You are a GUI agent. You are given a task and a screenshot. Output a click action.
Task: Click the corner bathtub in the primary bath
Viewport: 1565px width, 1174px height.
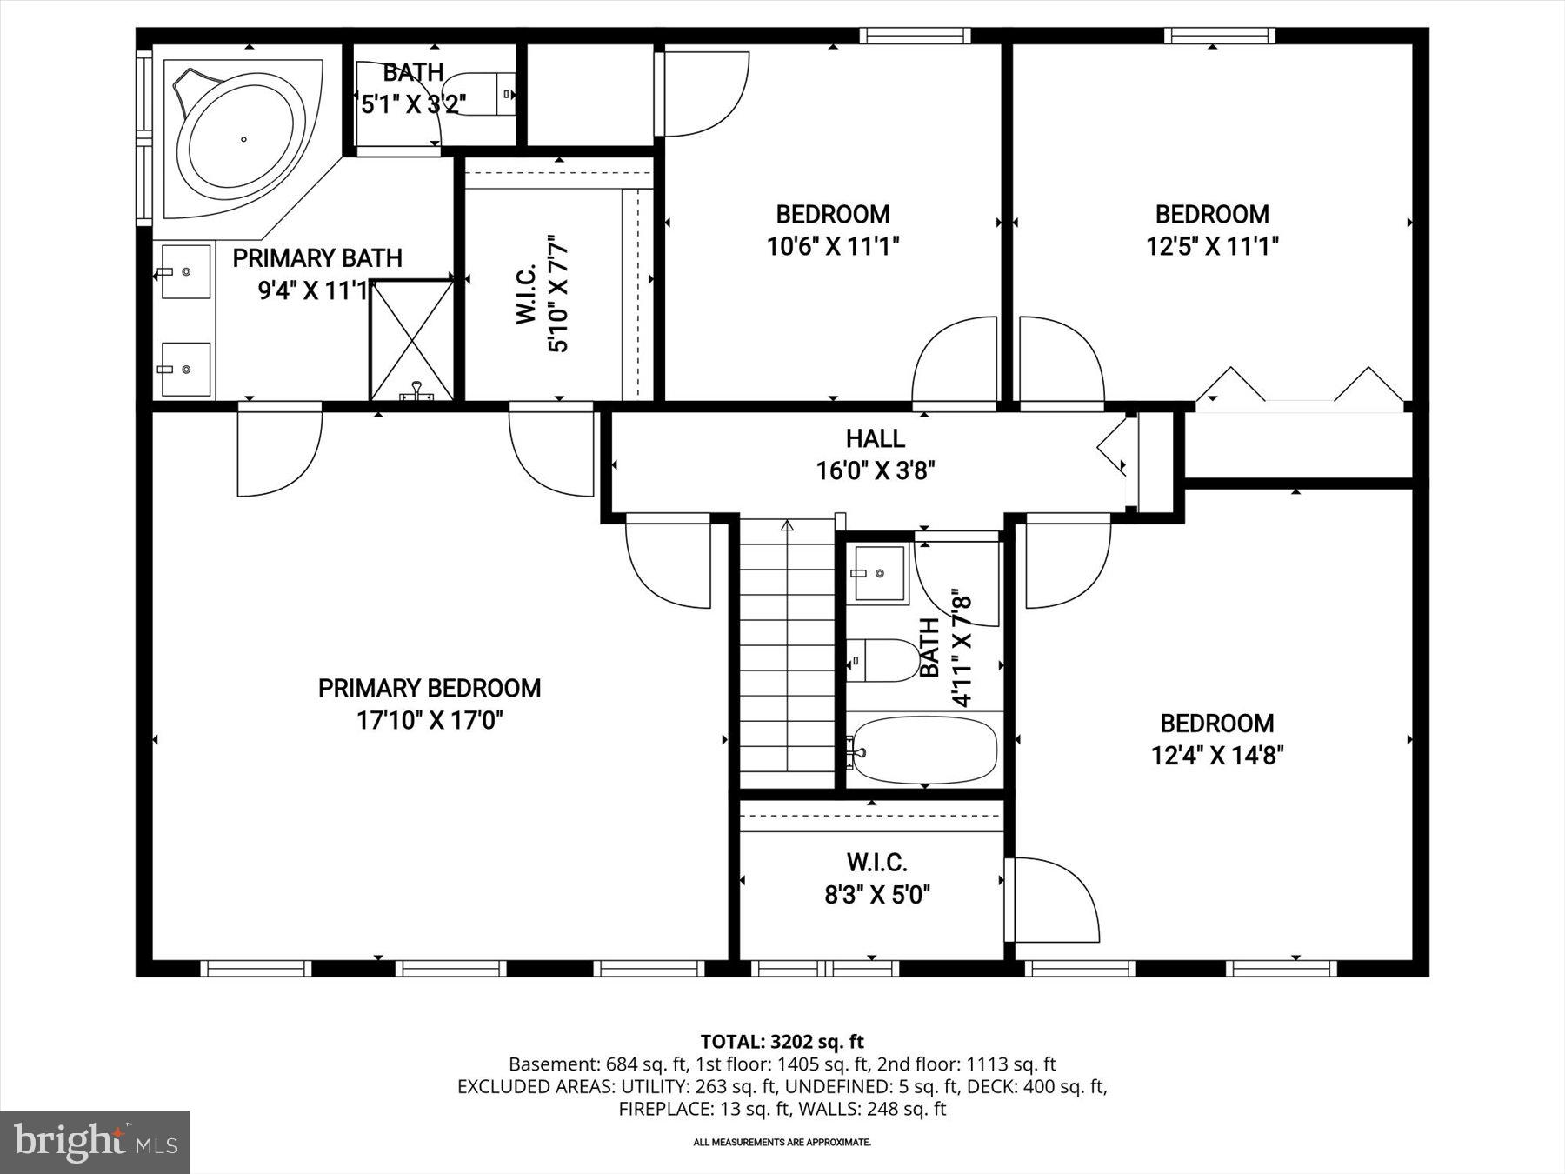241,139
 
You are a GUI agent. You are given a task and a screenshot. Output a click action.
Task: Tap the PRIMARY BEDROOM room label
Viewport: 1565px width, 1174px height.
429,689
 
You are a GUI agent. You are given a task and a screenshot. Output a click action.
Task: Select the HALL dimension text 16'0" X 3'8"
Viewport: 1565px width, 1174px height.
875,471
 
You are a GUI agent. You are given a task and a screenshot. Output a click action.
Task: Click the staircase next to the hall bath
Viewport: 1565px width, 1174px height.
787,648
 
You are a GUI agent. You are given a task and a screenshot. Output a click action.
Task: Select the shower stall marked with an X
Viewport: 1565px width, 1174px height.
411,340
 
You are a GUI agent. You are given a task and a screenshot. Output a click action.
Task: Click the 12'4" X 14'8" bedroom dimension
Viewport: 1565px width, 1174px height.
1217,756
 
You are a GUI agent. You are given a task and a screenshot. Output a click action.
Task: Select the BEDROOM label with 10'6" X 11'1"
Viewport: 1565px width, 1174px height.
832,214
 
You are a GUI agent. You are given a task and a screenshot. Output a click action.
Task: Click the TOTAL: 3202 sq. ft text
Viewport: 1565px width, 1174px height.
782,1042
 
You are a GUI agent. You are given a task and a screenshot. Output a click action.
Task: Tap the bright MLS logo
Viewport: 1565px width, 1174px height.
95,1142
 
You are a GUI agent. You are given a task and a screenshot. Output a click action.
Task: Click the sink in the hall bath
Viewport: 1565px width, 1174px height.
880,573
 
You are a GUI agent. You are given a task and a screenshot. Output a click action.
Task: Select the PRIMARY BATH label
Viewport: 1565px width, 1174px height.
316,258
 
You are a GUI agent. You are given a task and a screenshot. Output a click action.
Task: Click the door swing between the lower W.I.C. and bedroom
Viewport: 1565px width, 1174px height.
1054,899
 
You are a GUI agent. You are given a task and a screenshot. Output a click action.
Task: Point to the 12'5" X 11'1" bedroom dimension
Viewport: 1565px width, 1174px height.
1212,247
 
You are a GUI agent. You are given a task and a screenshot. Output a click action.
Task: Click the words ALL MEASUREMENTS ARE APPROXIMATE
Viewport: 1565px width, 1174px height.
782,1143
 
